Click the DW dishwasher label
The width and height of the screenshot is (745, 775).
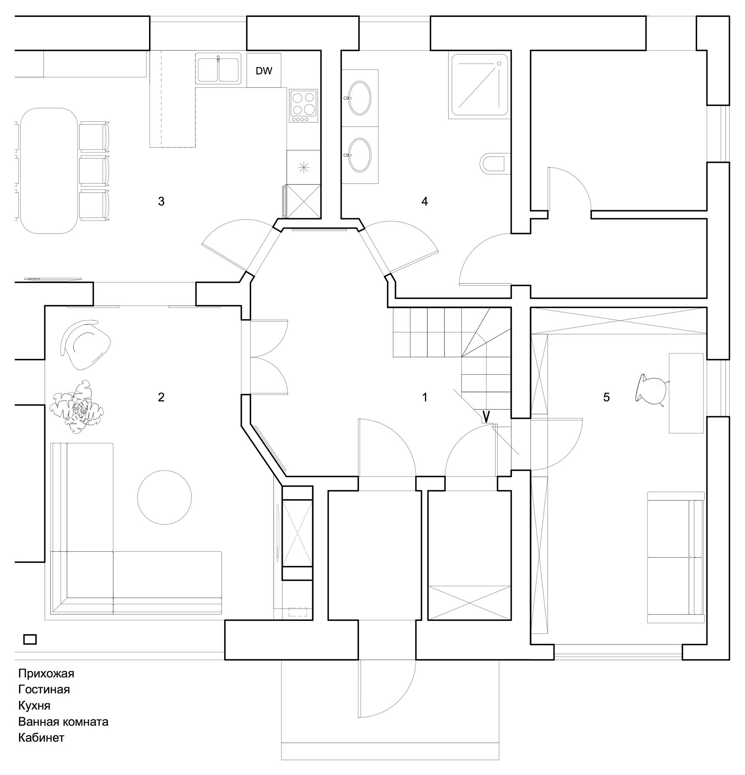264,71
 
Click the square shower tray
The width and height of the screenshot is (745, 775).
479,85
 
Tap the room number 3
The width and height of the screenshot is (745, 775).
161,202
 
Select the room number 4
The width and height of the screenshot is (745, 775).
425,202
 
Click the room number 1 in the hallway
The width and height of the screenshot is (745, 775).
425,397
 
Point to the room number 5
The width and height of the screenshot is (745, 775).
606,397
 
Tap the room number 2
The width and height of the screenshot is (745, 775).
161,397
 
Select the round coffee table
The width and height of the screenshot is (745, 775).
164,497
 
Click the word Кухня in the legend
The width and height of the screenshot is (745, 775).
35,705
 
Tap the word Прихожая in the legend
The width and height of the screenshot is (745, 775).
46,673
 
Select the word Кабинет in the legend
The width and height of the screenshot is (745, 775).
41,737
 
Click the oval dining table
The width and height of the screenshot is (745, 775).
49,171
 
